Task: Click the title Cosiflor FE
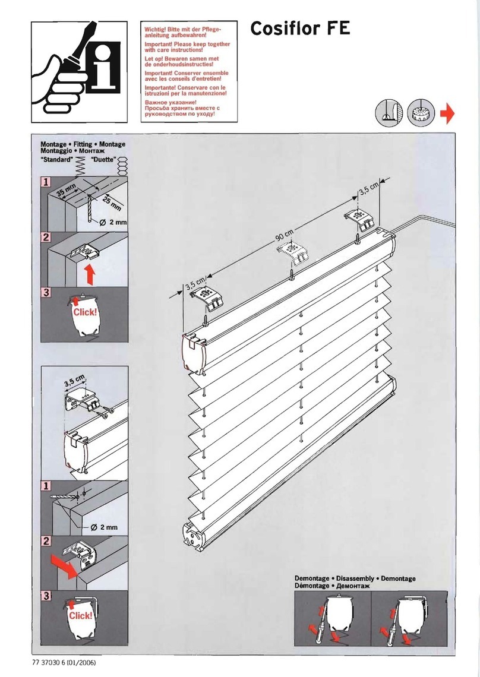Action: (x=300, y=28)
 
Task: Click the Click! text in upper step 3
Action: (x=84, y=312)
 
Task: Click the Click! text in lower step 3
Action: (x=80, y=616)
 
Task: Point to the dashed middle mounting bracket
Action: (x=295, y=253)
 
